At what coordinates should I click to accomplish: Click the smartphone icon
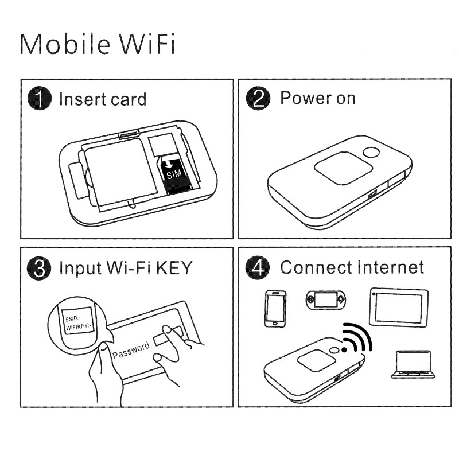tap(275, 309)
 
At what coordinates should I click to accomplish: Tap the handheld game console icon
tap(325, 301)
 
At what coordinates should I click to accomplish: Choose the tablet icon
tap(399, 304)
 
